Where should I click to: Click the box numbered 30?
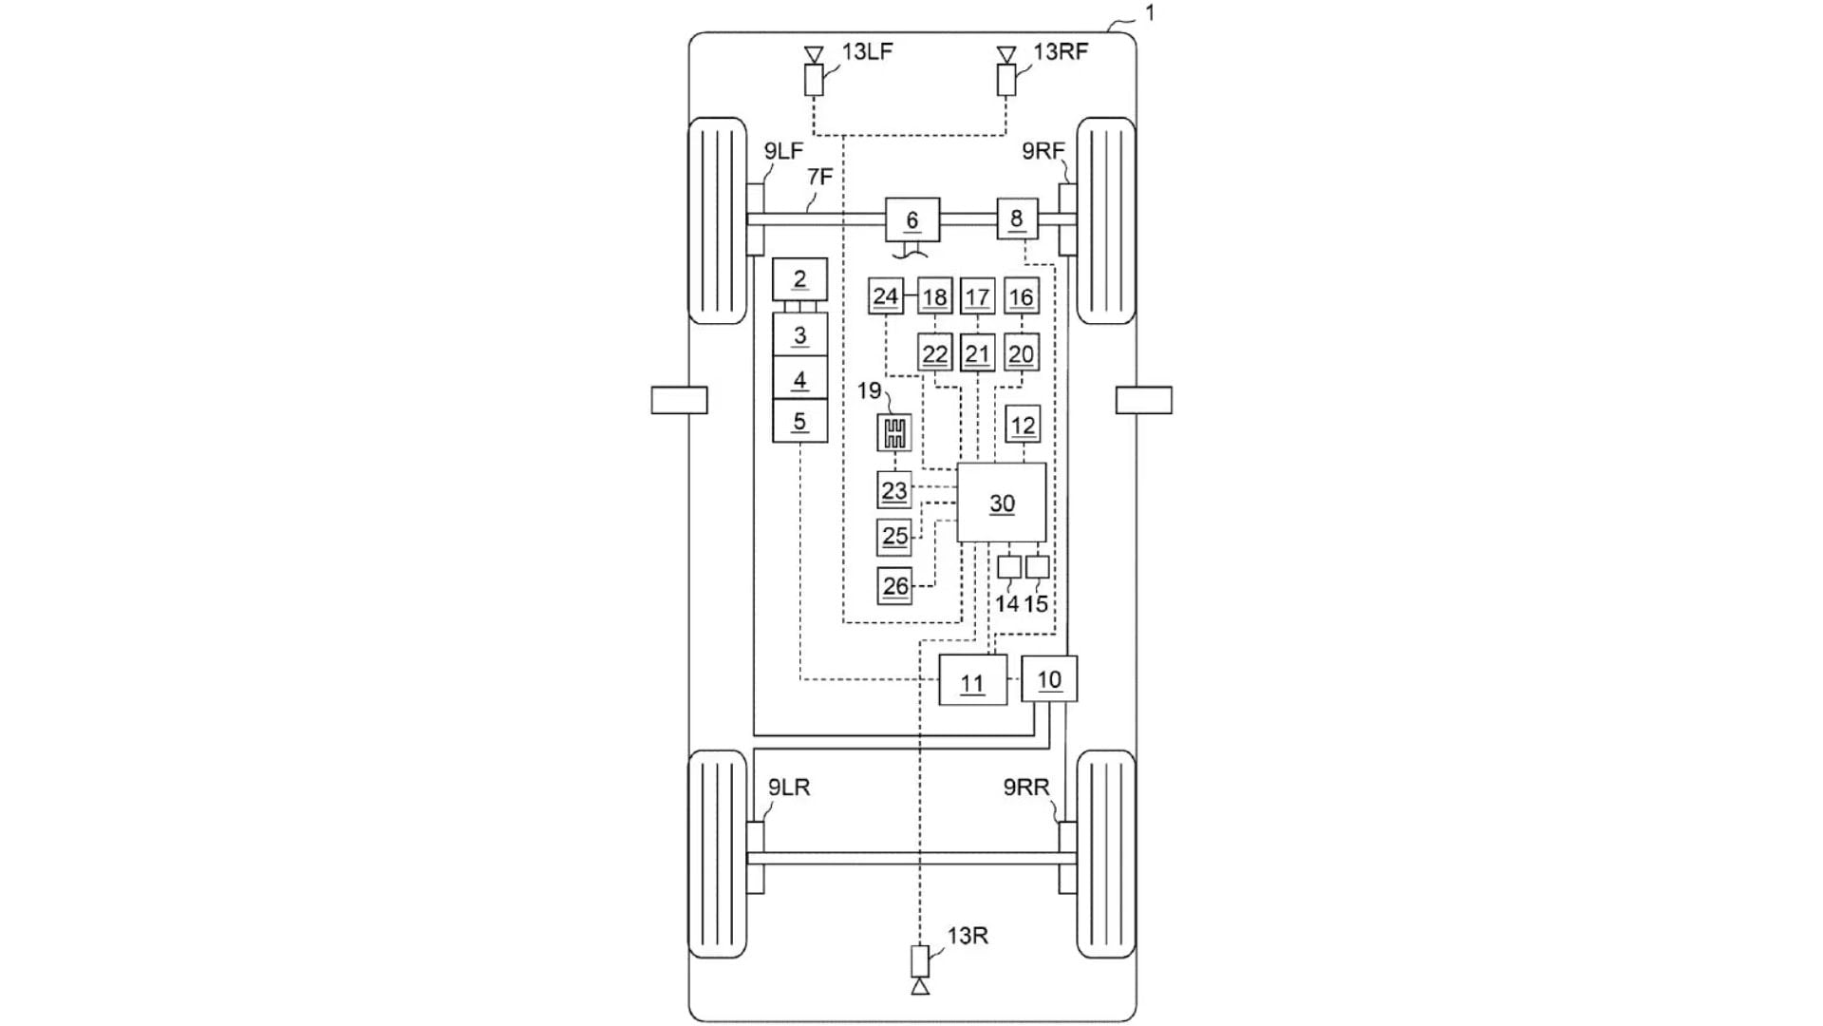[x=1001, y=503]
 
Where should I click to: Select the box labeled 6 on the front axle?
[x=912, y=220]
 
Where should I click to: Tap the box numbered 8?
[x=1016, y=218]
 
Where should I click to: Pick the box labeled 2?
[x=799, y=278]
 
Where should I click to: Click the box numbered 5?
[x=799, y=421]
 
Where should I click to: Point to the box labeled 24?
[x=885, y=296]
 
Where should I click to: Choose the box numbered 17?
[x=977, y=297]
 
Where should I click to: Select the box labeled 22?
[x=935, y=354]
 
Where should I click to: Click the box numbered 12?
[x=1023, y=425]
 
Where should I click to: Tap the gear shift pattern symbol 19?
[x=894, y=433]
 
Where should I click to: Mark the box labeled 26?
[x=894, y=586]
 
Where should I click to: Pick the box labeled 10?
[x=1049, y=679]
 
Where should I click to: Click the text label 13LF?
[x=867, y=51]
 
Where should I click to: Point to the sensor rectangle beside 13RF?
[x=1006, y=80]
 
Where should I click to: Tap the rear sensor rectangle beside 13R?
[x=919, y=959]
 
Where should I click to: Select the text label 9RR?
[x=1026, y=788]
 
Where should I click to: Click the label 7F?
[x=819, y=177]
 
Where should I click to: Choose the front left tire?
[x=717, y=220]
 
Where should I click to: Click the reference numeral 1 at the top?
[x=1150, y=13]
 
